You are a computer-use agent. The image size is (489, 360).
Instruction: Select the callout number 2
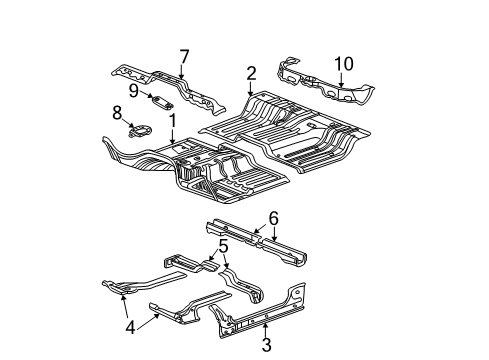click(x=252, y=71)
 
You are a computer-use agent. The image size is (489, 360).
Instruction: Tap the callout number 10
click(x=343, y=64)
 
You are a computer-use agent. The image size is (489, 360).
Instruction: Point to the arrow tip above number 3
click(x=267, y=327)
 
